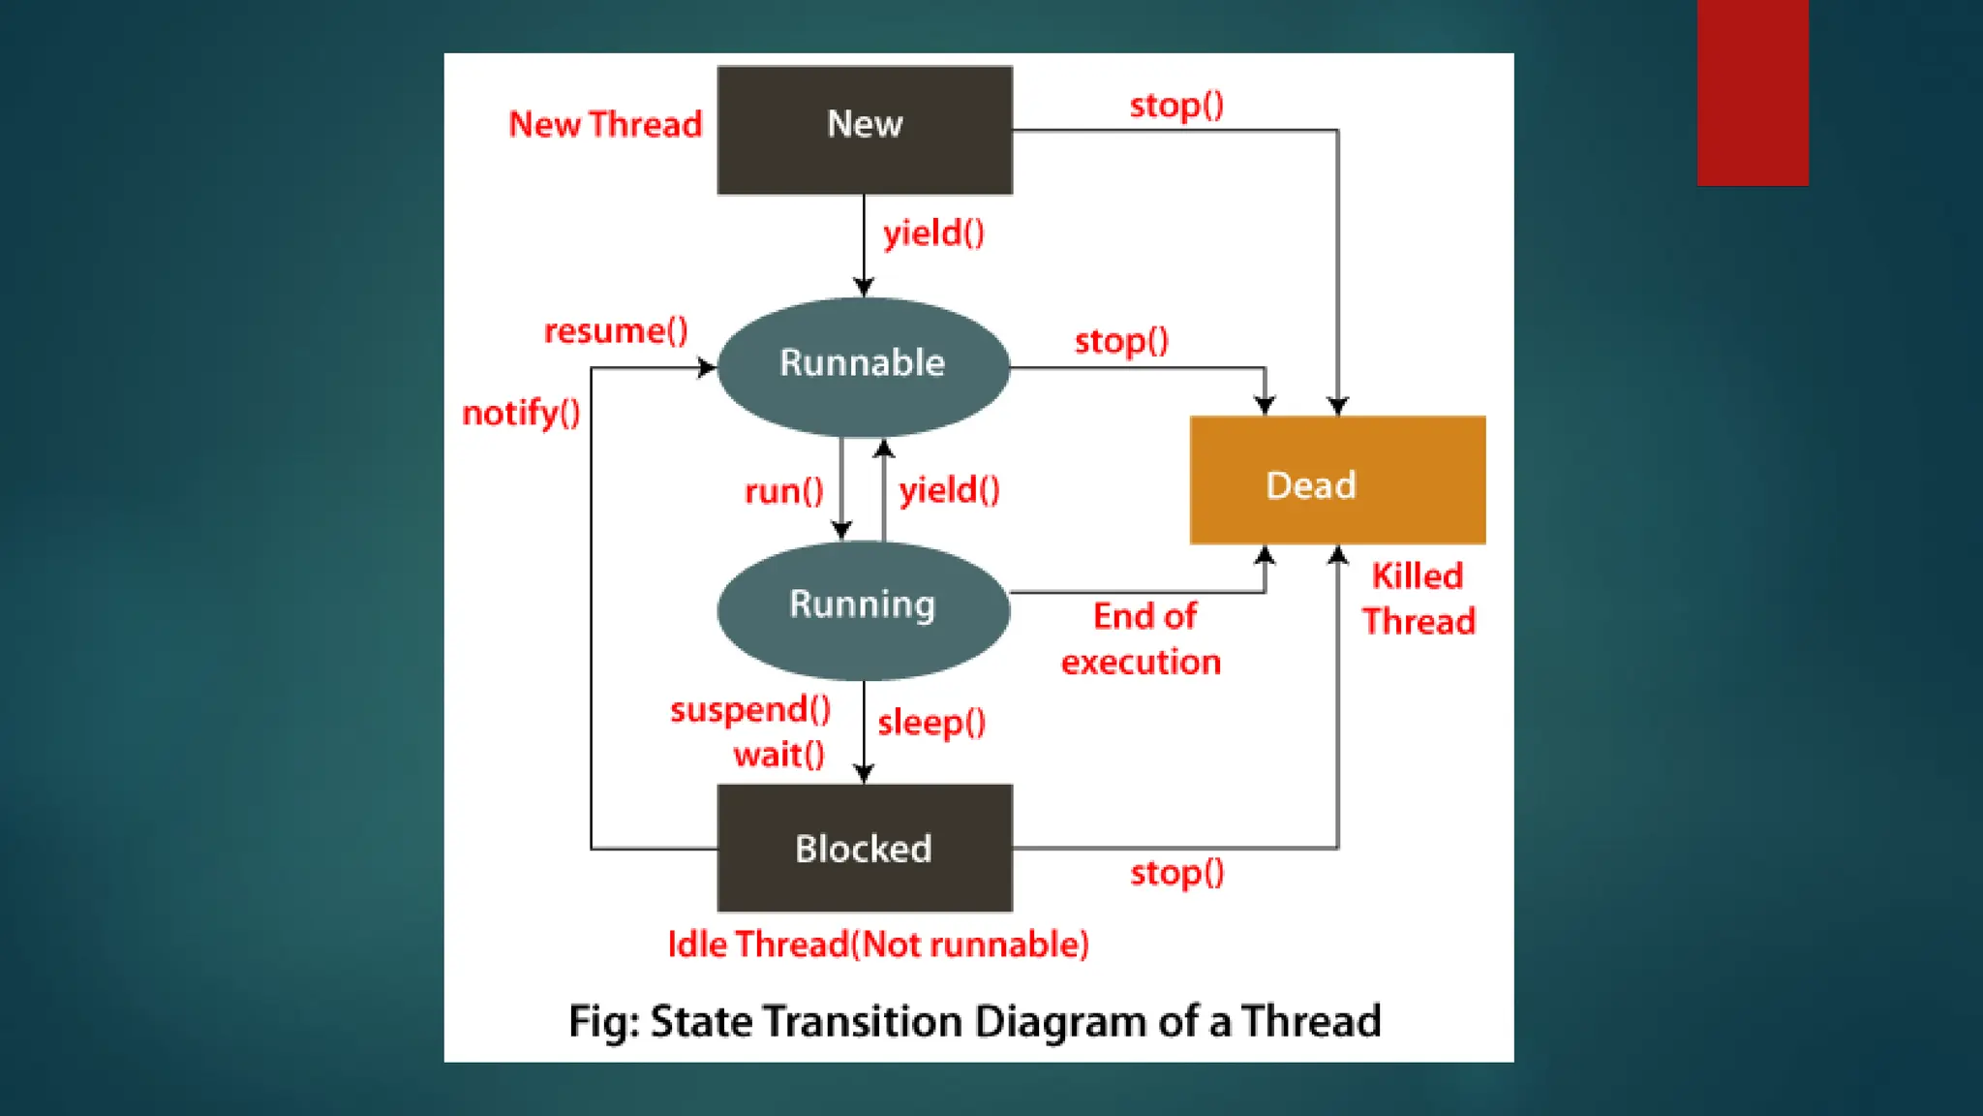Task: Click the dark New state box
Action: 865,130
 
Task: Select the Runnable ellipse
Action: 863,366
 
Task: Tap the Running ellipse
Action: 863,608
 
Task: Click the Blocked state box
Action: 865,848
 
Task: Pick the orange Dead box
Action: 1337,480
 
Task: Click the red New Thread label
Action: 605,125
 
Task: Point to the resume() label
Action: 616,331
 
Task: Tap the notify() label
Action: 521,414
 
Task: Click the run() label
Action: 783,491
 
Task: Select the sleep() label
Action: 931,723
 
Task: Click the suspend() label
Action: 750,710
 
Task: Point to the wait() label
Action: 778,755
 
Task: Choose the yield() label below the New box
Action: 933,233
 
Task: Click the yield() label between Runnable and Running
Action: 949,490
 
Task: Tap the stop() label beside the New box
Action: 1176,105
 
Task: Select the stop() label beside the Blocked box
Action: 1177,873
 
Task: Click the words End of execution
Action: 1142,639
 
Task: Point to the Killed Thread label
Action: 1419,599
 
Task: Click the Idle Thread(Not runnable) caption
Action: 878,944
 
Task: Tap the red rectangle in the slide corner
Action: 1752,92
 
